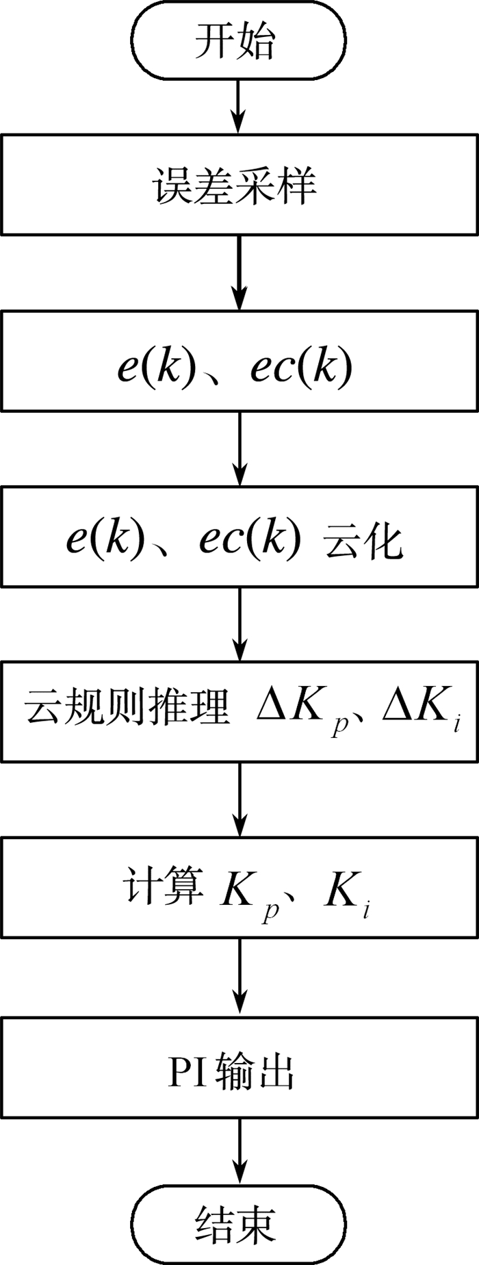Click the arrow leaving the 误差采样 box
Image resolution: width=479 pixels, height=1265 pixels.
[239, 273]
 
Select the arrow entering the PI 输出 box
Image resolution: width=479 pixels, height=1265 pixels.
[239, 978]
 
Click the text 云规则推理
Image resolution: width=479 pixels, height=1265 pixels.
[127, 708]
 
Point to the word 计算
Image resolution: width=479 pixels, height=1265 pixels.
[163, 887]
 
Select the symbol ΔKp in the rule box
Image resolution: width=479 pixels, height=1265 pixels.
[302, 712]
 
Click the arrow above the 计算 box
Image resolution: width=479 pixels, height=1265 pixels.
[239, 800]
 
